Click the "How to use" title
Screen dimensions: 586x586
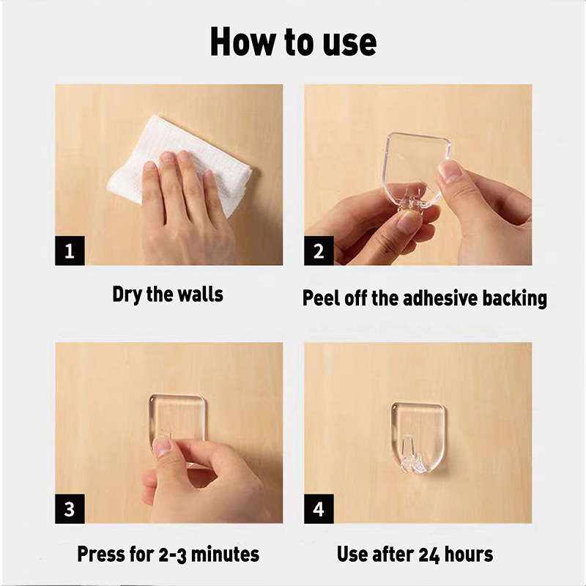[294, 42]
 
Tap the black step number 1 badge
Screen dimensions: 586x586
[70, 251]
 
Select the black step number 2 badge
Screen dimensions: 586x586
[319, 251]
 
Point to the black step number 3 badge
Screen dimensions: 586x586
[70, 508]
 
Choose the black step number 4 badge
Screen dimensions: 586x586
[319, 508]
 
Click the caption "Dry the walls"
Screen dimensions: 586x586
[168, 294]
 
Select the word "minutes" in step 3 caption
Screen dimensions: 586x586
[225, 554]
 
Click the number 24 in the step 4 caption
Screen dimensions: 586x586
[429, 555]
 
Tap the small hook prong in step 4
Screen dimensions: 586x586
[411, 456]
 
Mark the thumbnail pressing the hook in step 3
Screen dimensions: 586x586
[162, 448]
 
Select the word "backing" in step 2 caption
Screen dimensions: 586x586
[515, 299]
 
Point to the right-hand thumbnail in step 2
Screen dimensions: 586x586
[450, 171]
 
